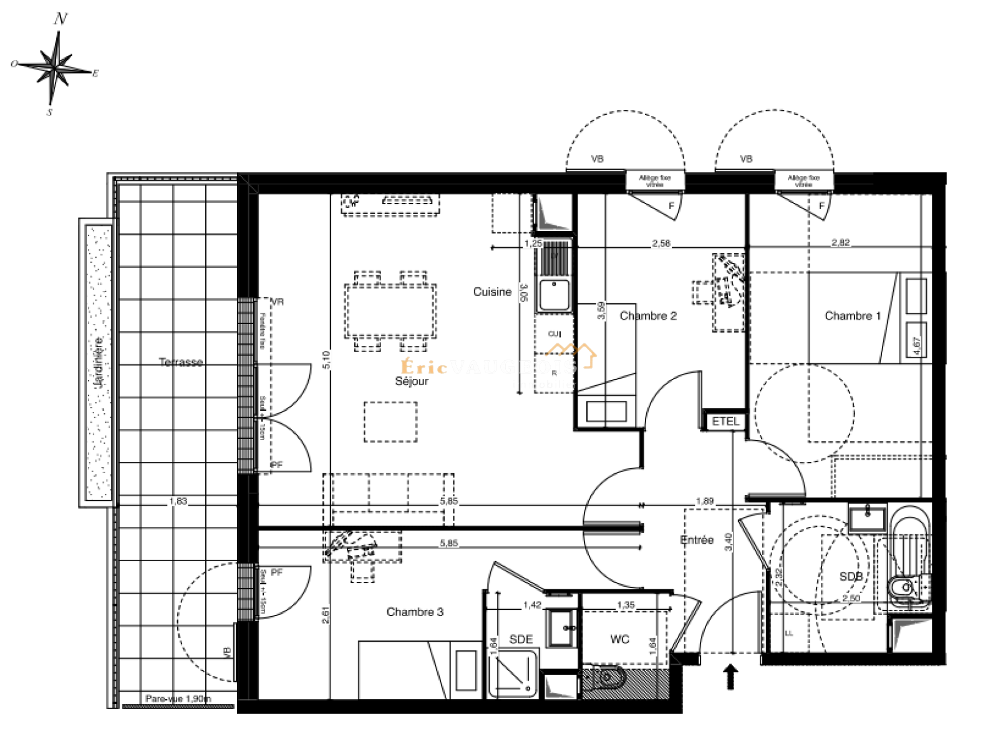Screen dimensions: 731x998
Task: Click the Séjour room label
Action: click(412, 381)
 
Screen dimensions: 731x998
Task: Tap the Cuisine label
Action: click(492, 292)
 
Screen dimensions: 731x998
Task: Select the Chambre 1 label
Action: click(852, 316)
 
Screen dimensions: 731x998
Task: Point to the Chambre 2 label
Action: click(648, 316)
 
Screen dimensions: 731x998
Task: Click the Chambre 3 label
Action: click(415, 612)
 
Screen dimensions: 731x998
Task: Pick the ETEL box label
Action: click(725, 421)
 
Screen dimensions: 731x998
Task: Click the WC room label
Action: click(619, 639)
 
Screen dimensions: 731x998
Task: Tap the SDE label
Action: click(521, 639)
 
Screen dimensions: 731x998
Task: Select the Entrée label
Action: click(697, 540)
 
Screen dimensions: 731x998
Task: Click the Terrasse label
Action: click(180, 362)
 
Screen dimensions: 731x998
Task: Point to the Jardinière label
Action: click(99, 362)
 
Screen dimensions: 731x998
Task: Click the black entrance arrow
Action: click(730, 677)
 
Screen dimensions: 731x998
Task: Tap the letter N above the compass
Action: click(61, 19)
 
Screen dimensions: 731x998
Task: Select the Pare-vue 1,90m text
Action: click(178, 699)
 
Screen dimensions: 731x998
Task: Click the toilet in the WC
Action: click(605, 677)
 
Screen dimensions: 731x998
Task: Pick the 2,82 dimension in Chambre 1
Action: click(840, 242)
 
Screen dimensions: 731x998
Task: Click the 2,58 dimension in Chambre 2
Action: click(661, 243)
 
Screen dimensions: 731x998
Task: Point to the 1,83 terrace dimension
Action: click(178, 501)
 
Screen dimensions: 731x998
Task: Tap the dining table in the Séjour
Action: click(390, 311)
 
